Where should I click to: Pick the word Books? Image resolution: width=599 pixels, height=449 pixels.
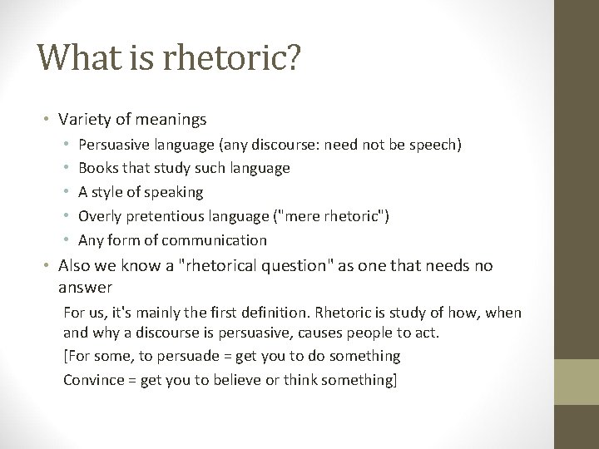click(x=98, y=168)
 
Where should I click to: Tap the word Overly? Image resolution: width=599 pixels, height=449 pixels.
click(x=98, y=216)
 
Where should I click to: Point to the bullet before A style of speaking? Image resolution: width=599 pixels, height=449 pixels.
click(x=66, y=192)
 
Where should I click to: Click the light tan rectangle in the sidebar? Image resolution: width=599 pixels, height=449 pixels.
click(x=577, y=382)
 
